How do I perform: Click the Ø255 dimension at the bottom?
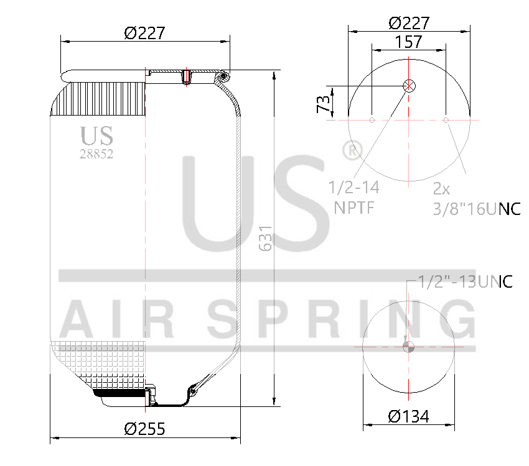144,429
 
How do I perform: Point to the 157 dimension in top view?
408,42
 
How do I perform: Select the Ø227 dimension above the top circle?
408,23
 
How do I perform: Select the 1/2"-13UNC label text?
464,283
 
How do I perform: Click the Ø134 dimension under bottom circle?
408,416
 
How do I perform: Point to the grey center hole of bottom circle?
408,347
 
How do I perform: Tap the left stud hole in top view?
372,119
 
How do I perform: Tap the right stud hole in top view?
446,119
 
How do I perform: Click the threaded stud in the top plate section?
186,77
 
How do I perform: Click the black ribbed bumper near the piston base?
118,393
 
